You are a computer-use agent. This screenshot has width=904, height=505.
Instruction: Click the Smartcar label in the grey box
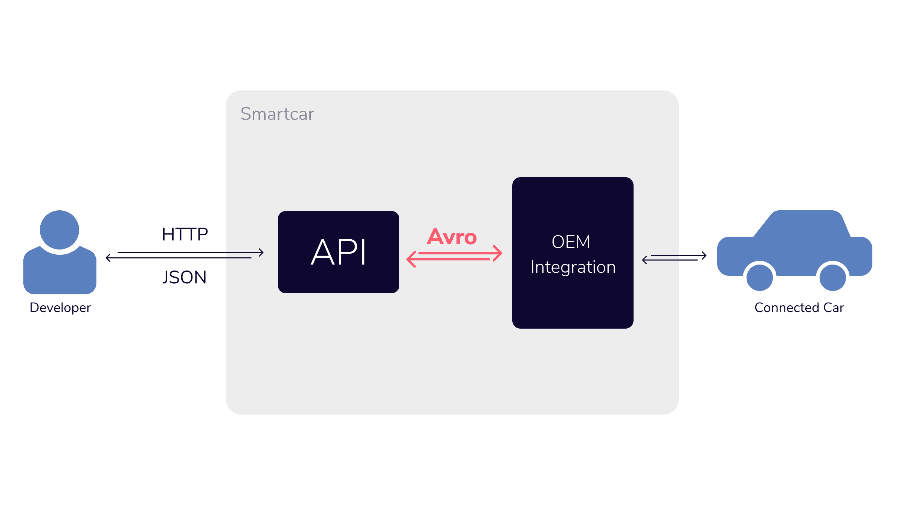[277, 114]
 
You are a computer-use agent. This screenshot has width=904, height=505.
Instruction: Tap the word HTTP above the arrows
[185, 234]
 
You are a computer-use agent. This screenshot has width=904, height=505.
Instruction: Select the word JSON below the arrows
[185, 277]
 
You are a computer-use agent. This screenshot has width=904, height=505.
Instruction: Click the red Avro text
[452, 237]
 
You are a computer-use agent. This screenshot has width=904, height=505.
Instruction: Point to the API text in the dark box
[338, 252]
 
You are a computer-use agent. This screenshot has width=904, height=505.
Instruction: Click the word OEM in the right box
[571, 242]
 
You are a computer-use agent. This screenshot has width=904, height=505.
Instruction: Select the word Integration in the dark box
[573, 267]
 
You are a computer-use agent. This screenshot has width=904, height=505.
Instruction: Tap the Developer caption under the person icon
[60, 308]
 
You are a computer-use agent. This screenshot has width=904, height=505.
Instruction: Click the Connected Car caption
[799, 308]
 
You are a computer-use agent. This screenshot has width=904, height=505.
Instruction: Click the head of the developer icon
[60, 230]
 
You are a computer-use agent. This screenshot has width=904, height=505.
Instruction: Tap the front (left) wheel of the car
[759, 278]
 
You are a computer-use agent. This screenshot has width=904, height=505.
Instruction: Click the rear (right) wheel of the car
[832, 278]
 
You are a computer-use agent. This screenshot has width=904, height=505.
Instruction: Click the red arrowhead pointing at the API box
[411, 259]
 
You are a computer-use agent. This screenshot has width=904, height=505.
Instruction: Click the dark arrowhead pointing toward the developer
[108, 258]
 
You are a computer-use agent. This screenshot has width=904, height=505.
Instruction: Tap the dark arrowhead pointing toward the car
[704, 256]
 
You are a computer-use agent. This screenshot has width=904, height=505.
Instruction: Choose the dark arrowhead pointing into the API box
[261, 252]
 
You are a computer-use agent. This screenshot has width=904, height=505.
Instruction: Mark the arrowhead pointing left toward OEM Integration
[644, 260]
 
